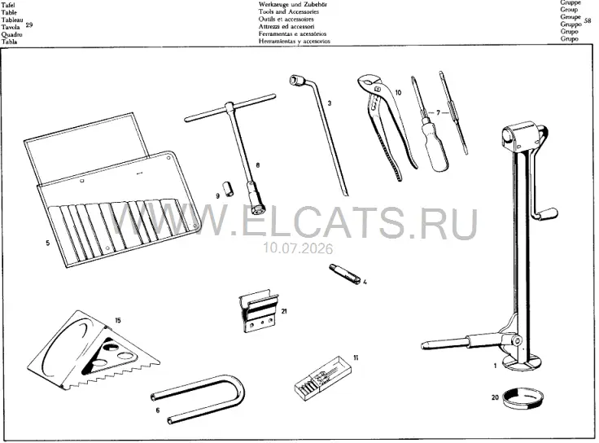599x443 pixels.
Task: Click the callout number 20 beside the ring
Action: click(495, 397)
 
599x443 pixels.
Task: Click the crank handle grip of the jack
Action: click(548, 213)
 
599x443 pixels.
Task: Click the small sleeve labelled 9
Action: click(229, 189)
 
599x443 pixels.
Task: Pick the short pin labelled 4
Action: click(344, 273)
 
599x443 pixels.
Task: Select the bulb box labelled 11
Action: click(324, 378)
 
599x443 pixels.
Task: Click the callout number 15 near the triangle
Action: click(118, 320)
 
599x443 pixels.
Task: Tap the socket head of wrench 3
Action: click(296, 80)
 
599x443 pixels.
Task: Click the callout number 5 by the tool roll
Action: click(47, 243)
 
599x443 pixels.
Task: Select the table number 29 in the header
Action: click(29, 25)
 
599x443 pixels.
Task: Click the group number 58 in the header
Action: click(588, 20)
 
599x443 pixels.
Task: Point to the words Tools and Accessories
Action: click(288, 12)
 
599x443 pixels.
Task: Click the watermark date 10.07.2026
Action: click(297, 249)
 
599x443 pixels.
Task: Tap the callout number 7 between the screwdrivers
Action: click(438, 112)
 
